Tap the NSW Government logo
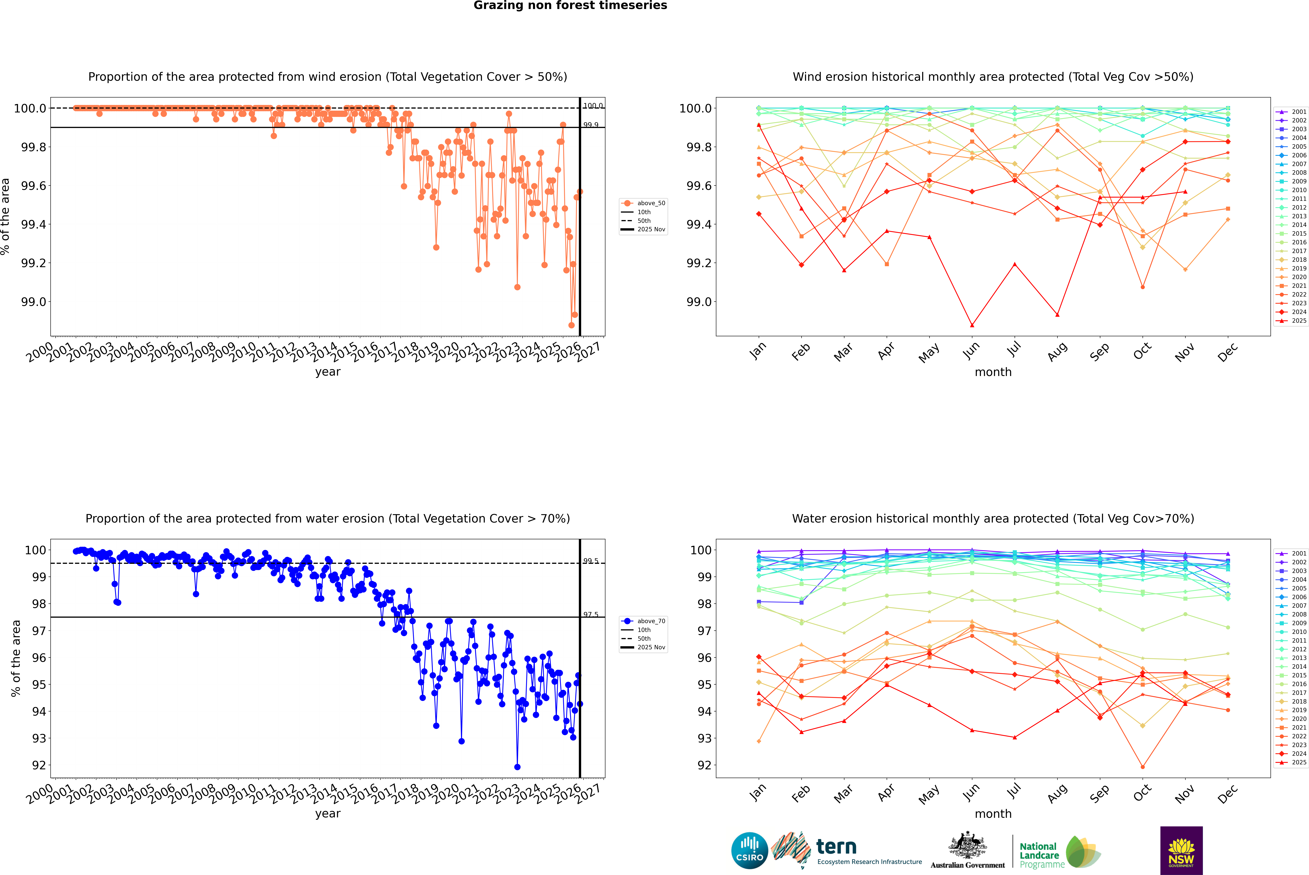[x=1181, y=850]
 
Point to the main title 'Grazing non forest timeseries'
[x=570, y=6]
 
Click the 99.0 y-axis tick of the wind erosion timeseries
[x=34, y=302]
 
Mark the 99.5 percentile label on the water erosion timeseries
[x=591, y=561]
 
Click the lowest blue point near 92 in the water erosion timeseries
[x=517, y=767]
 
